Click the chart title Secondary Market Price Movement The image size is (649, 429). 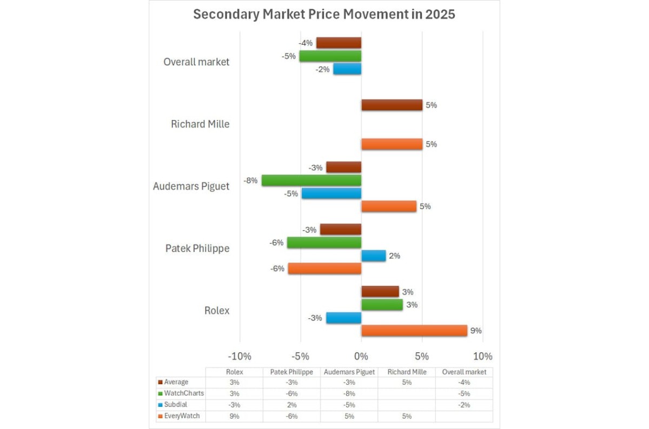coord(324,15)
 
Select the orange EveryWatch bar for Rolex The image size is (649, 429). coord(414,331)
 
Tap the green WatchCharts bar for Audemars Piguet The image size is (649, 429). coord(311,180)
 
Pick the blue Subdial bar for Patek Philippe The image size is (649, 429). coord(373,256)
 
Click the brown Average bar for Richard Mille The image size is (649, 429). coord(392,105)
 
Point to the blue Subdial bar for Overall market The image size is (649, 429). coord(347,69)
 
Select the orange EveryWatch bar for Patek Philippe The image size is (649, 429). coord(324,269)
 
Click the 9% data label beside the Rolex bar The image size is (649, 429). coord(476,331)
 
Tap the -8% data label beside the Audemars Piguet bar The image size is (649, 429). coord(250,180)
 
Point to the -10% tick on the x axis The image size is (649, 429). coord(240,357)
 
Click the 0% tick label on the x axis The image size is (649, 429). coord(361,357)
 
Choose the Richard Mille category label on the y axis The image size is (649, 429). coord(200,124)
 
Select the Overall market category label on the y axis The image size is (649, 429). coord(196,62)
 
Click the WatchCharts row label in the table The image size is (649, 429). coord(184,393)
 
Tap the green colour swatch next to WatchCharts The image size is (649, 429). coord(160,393)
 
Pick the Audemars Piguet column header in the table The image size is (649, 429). coord(349,372)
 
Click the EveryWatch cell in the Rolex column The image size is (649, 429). coord(234,417)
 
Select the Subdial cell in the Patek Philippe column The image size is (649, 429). coord(292,405)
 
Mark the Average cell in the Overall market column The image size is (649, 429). coord(464,383)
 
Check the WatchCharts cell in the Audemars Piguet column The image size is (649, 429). coord(349,393)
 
